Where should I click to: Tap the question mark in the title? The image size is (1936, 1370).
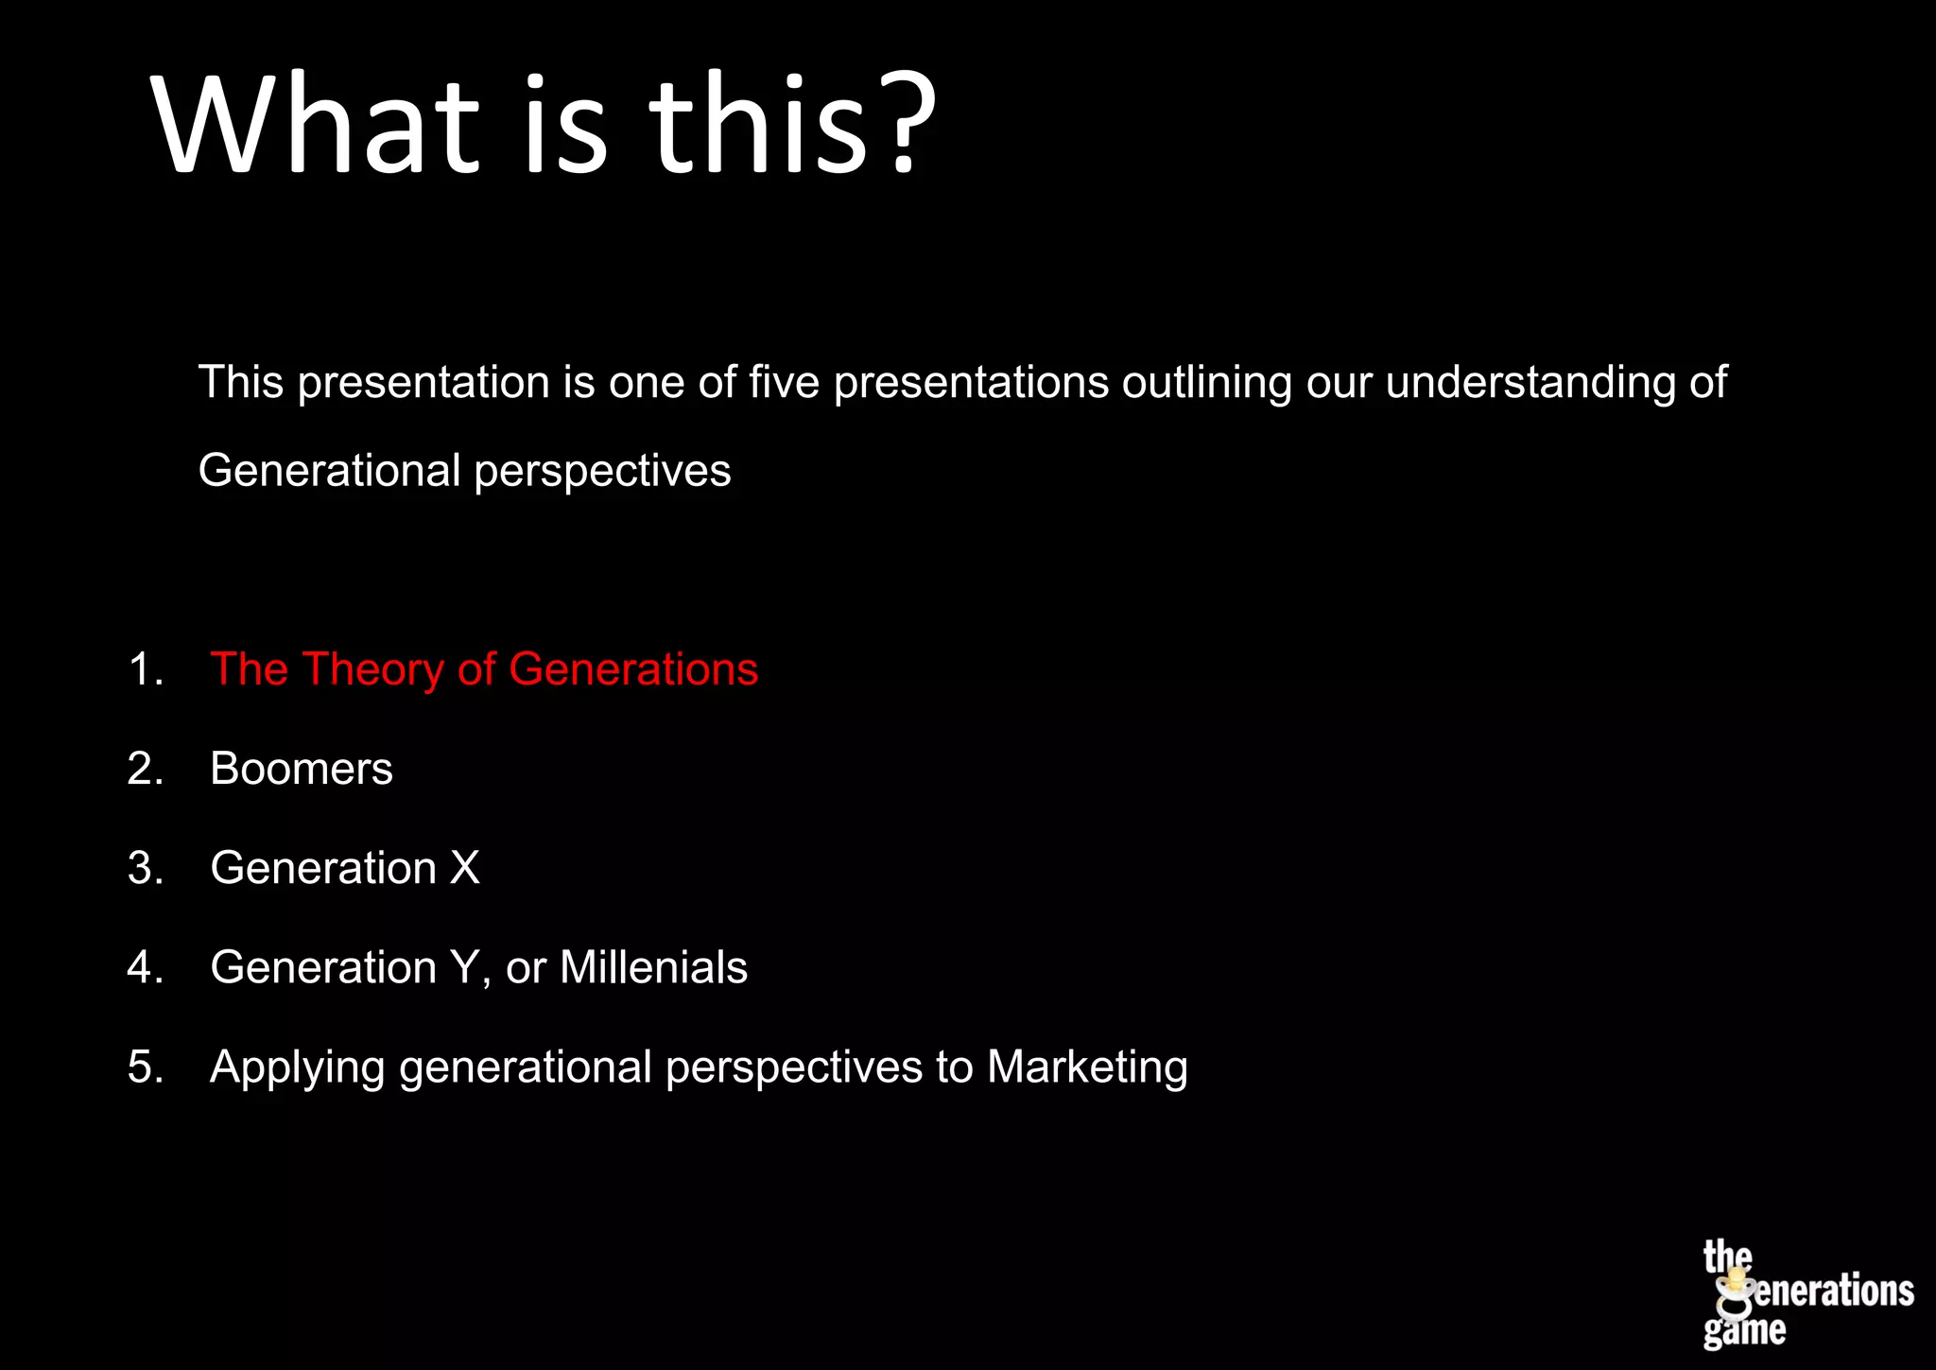click(x=904, y=125)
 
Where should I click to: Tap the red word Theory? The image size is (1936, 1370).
click(x=372, y=669)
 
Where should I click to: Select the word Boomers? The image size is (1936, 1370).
click(x=301, y=769)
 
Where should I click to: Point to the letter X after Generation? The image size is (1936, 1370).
click(x=464, y=868)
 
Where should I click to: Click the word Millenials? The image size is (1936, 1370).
click(x=653, y=967)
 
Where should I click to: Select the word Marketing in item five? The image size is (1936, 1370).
click(x=1087, y=1067)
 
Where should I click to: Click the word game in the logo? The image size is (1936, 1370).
click(x=1745, y=1330)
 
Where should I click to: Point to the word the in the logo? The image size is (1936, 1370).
click(x=1727, y=1257)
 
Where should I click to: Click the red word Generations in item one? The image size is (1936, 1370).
click(x=632, y=669)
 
